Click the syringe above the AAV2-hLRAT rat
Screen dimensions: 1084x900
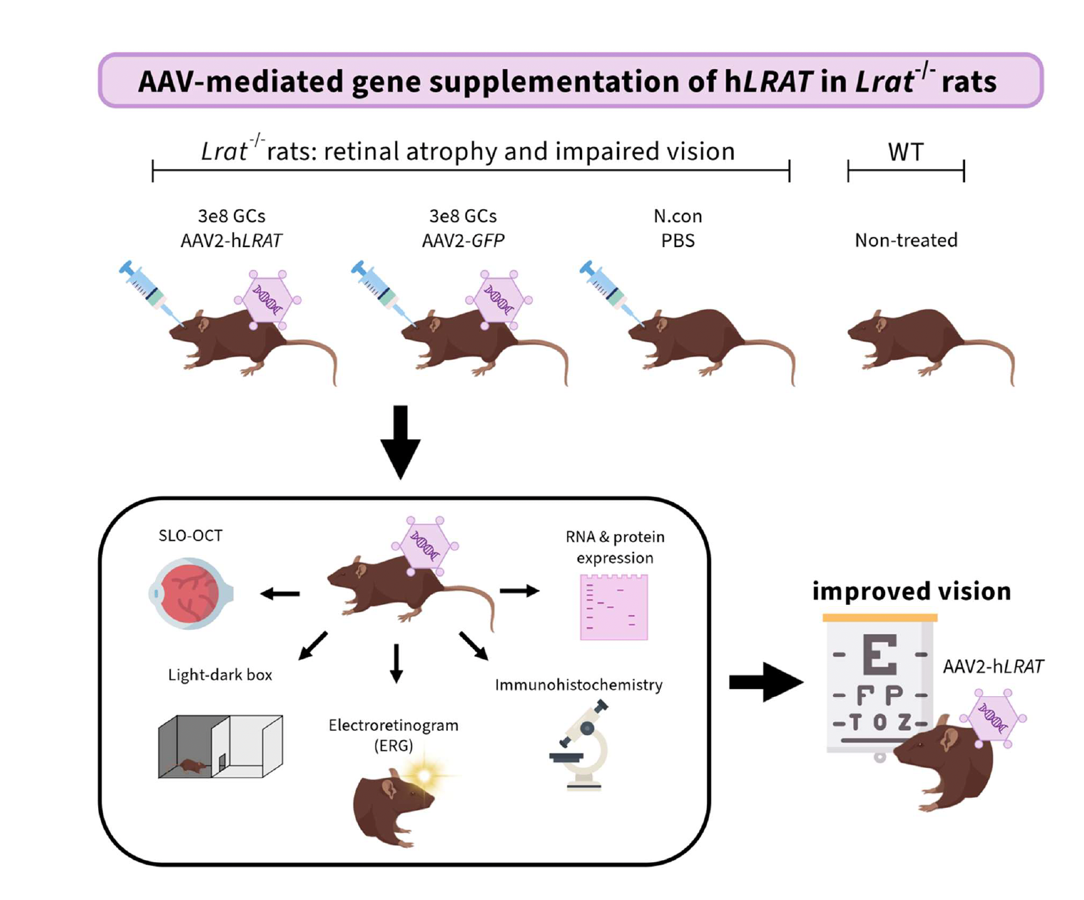click(152, 293)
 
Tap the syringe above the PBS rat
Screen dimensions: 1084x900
click(612, 293)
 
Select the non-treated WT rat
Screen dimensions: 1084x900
click(931, 346)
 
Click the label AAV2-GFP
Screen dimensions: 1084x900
click(463, 240)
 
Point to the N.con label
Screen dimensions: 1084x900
click(677, 216)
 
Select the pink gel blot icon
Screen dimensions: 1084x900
click(614, 607)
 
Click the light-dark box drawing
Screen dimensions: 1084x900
click(221, 746)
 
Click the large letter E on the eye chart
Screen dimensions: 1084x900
click(880, 654)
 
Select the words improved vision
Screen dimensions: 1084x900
click(911, 591)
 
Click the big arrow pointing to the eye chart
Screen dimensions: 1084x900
click(766, 682)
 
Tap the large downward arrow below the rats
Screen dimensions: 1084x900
click(401, 443)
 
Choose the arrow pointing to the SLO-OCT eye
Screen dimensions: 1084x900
click(280, 594)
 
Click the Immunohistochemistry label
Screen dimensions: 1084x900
click(579, 685)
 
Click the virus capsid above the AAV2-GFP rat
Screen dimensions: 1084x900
click(499, 300)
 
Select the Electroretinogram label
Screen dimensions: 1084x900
click(393, 725)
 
